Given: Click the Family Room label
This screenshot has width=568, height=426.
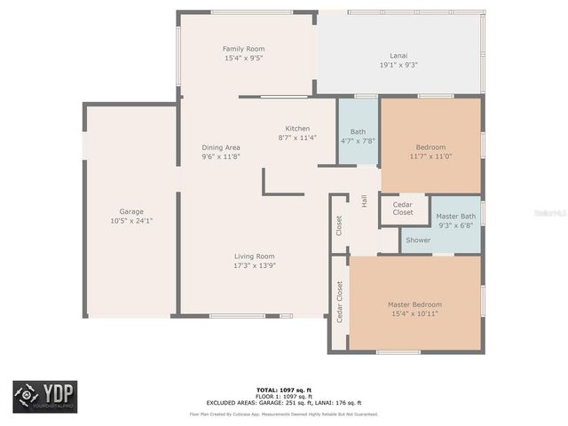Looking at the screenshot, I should (x=243, y=49).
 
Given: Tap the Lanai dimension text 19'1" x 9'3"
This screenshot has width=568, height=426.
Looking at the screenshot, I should (x=398, y=65).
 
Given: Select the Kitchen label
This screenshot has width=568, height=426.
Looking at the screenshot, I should (x=297, y=129).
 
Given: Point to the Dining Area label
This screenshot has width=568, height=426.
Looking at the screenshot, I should (x=220, y=147).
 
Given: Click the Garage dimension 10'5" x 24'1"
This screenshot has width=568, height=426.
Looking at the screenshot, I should (x=131, y=221).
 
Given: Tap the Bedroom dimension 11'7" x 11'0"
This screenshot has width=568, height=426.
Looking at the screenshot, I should (x=430, y=156).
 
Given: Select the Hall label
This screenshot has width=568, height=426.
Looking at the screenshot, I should (x=364, y=201).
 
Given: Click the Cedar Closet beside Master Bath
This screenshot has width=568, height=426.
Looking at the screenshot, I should (x=403, y=209).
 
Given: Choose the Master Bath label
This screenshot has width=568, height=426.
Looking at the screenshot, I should (x=455, y=217).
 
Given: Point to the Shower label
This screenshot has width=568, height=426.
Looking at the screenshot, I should (x=418, y=240).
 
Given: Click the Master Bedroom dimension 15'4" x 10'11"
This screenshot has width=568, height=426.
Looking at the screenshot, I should (x=414, y=313).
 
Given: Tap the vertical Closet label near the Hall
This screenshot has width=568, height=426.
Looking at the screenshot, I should (x=339, y=225).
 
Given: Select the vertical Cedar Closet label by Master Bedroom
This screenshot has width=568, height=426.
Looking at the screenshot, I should (x=339, y=302).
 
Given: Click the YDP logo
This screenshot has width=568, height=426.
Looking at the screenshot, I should (x=44, y=397).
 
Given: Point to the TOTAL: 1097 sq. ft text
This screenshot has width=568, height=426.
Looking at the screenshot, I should (x=283, y=390).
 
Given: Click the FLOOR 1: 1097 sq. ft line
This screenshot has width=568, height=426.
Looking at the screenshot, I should (x=283, y=396).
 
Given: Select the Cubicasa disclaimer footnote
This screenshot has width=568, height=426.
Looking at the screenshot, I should (x=283, y=414).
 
